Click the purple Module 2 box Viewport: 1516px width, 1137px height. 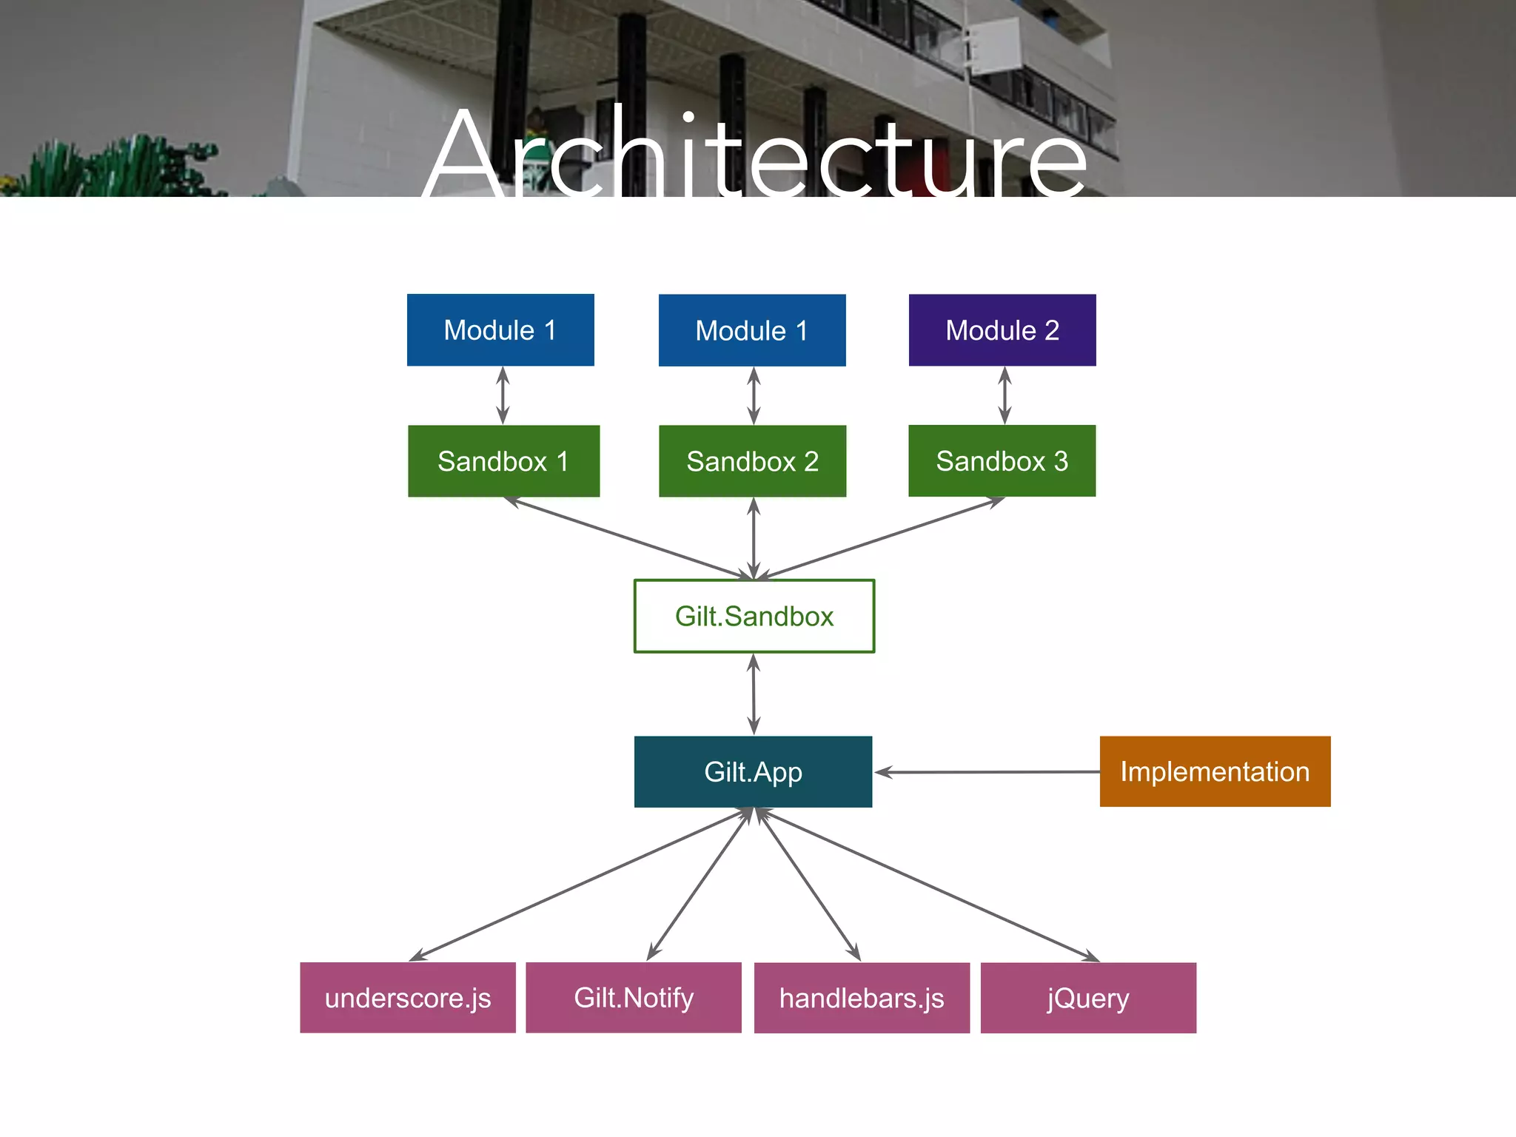click(1002, 330)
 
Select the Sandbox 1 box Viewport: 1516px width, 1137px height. click(503, 461)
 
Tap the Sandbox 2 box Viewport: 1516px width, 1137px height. click(752, 461)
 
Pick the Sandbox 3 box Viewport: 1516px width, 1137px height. click(1002, 460)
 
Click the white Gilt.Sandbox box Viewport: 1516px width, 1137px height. click(754, 616)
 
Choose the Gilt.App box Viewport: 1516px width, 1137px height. click(753, 771)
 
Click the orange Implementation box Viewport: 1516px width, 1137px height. click(1215, 771)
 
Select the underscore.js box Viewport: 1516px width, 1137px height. click(408, 998)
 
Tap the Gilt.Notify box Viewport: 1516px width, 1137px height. click(634, 998)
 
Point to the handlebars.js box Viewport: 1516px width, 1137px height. click(862, 998)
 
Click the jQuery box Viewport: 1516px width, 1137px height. click(1088, 998)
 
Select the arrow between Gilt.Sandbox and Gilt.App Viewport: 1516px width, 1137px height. click(754, 694)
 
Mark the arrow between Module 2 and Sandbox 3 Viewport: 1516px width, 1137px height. click(1004, 395)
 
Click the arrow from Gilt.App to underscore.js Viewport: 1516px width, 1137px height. click(581, 885)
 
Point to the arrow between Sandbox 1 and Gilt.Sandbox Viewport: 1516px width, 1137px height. click(629, 538)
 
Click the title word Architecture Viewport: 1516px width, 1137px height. click(755, 155)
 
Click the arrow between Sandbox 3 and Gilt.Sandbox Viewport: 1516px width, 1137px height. click(881, 537)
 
